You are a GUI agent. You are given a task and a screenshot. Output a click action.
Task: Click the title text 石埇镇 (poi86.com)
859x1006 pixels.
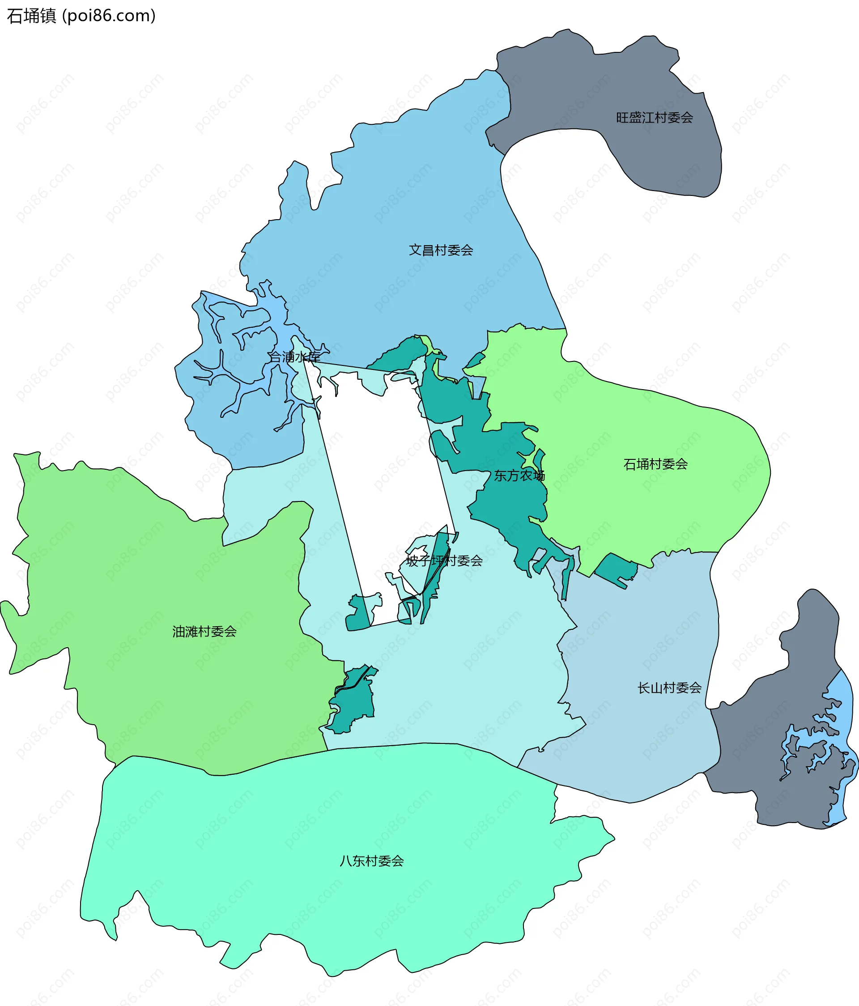tap(81, 16)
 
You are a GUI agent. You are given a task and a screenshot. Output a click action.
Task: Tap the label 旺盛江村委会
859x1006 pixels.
tap(654, 118)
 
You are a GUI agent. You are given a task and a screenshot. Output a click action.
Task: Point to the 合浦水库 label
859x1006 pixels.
tap(294, 357)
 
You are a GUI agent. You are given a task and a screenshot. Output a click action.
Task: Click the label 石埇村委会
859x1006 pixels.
tap(655, 464)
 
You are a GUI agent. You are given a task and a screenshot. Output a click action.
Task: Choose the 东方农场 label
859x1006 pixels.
tap(519, 476)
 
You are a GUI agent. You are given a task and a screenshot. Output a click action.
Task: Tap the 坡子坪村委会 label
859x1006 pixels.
tap(444, 561)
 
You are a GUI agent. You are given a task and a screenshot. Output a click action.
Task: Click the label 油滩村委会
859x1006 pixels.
tap(204, 631)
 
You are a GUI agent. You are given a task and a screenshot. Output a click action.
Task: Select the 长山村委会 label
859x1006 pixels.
tap(669, 688)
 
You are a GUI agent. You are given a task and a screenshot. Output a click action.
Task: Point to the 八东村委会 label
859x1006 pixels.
tap(371, 861)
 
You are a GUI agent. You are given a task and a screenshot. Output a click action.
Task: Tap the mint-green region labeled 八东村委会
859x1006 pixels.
tap(340, 922)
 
